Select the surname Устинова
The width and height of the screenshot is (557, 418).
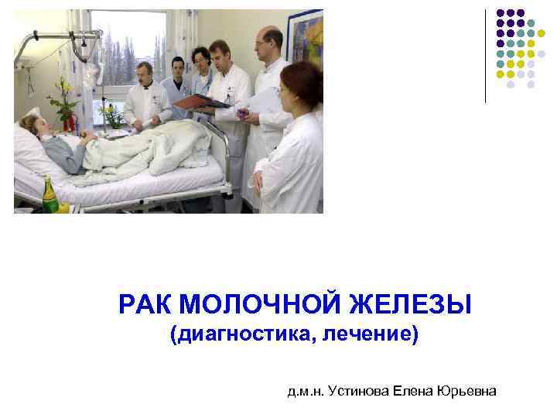(359, 392)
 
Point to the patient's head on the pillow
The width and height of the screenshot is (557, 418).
(33, 125)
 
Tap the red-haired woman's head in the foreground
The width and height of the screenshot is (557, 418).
(300, 85)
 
